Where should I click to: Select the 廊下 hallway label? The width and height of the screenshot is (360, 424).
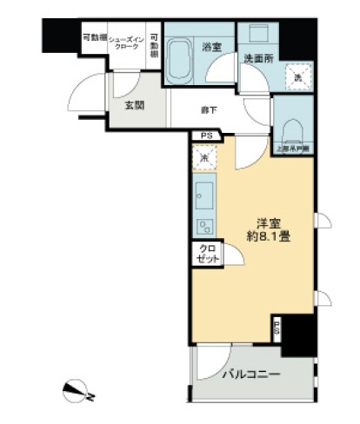pyautogui.click(x=210, y=109)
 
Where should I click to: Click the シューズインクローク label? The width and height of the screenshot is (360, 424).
pyautogui.click(x=126, y=42)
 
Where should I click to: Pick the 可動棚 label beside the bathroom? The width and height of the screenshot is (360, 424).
pyautogui.click(x=153, y=45)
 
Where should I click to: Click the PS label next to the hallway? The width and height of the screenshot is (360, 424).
pyautogui.click(x=206, y=136)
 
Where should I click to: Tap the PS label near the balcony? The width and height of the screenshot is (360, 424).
pyautogui.click(x=277, y=328)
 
